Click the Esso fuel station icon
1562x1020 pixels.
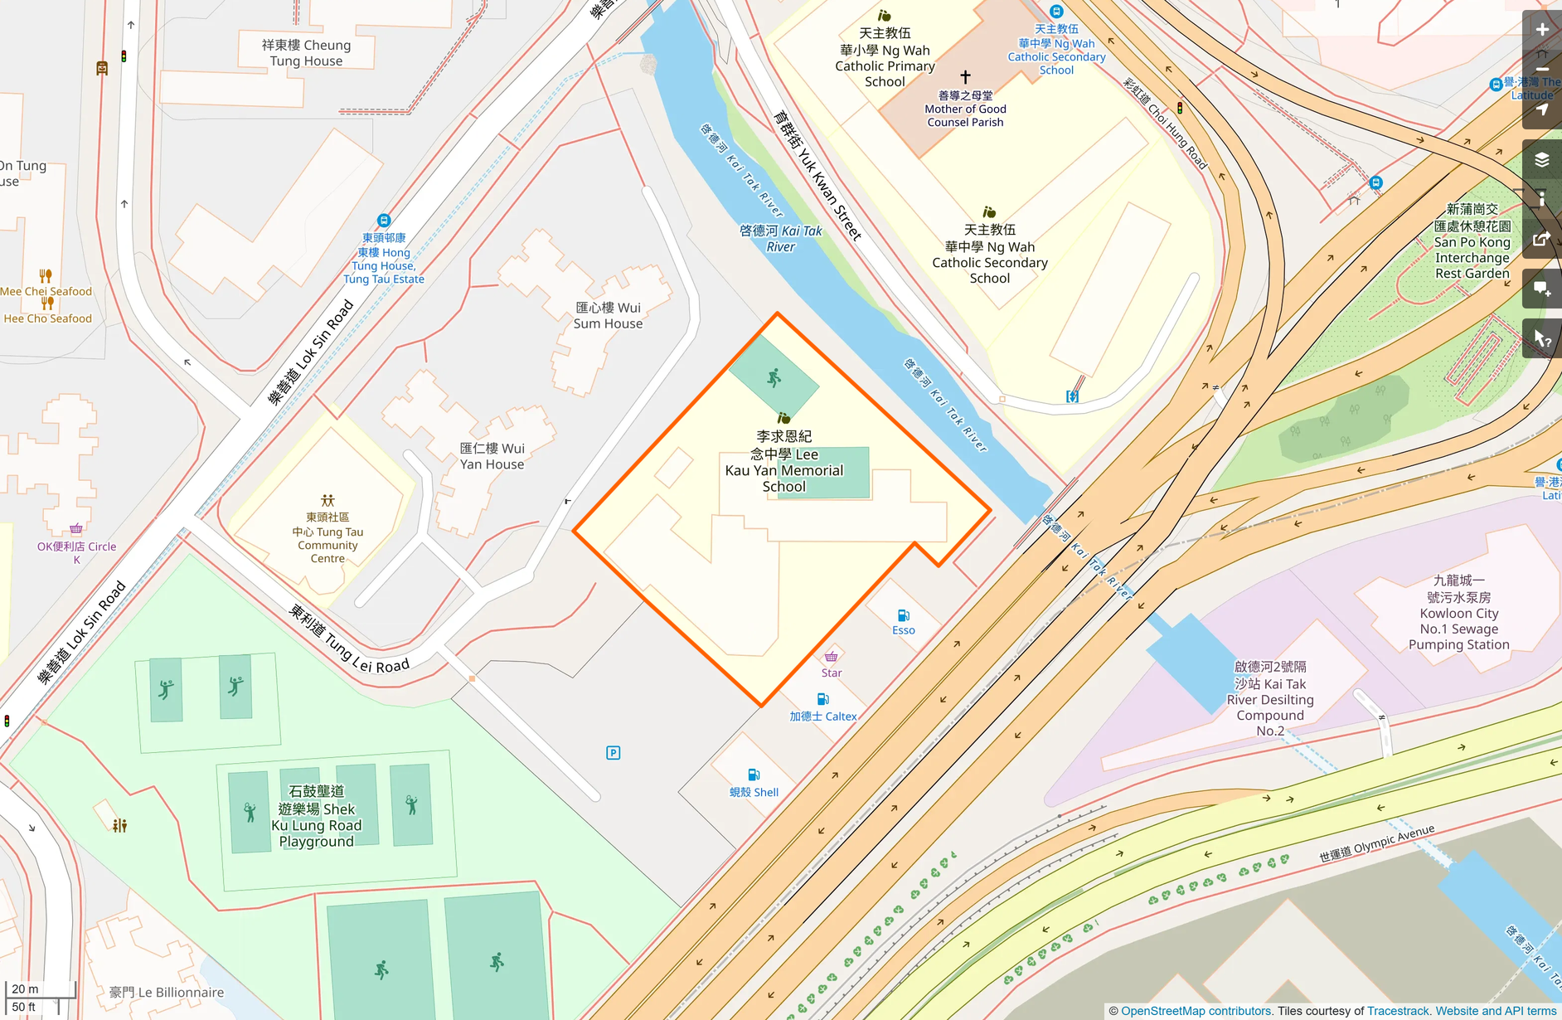[x=904, y=615]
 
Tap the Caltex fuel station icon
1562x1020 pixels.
[x=822, y=699]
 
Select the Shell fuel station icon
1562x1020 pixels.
[x=754, y=775]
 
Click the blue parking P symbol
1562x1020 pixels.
[x=614, y=753]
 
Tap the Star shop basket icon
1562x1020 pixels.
[x=831, y=657]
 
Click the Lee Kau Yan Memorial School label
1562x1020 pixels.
[x=783, y=461]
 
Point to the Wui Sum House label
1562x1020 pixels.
[x=608, y=315]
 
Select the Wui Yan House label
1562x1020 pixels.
[x=492, y=456]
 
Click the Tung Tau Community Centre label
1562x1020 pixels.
[x=327, y=537]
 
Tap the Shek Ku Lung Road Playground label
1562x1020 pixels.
[x=316, y=816]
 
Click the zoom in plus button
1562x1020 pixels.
[x=1541, y=30]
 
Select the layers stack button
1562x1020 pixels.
[x=1541, y=159]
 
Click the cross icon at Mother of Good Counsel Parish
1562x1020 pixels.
[x=965, y=76]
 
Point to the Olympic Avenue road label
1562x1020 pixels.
[x=1376, y=843]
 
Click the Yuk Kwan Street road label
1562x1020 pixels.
[x=817, y=175]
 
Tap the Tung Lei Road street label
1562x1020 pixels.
[x=349, y=639]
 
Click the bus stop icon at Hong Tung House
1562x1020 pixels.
[x=383, y=221]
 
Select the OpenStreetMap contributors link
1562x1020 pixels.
[x=1196, y=1011]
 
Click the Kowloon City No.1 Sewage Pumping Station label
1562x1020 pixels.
[x=1458, y=613]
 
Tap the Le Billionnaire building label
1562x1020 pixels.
[x=167, y=992]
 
